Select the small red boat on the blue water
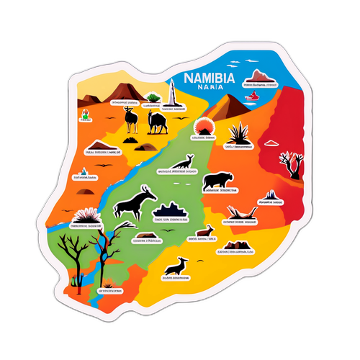click(x=251, y=95)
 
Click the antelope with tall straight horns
click(x=131, y=117)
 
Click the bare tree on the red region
click(x=291, y=163)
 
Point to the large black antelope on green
click(x=136, y=202)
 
